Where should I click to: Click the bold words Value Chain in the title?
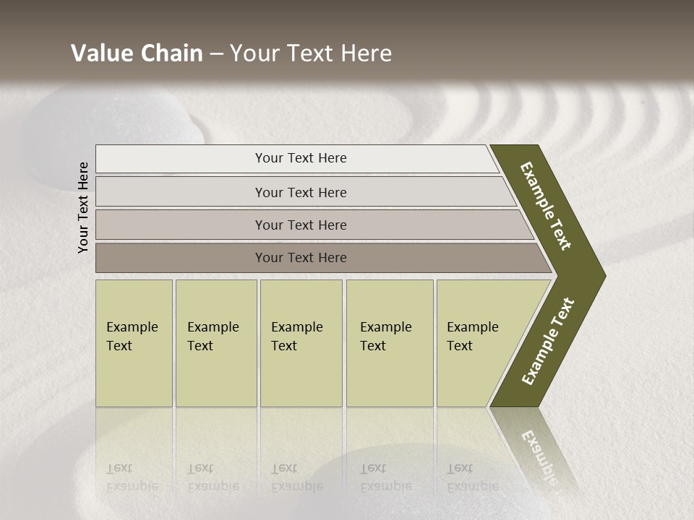tap(137, 53)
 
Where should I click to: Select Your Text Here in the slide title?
tap(311, 53)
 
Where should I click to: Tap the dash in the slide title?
tap(216, 54)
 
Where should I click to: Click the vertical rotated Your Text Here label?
tap(83, 207)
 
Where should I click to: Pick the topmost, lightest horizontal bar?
tap(296, 158)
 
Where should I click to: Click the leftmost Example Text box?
tap(134, 342)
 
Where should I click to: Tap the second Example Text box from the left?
tap(215, 342)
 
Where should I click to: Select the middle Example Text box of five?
tap(301, 342)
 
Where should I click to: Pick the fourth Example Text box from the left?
tap(390, 342)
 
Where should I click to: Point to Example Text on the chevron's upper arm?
tap(546, 206)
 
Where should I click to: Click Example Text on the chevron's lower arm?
tap(548, 341)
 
